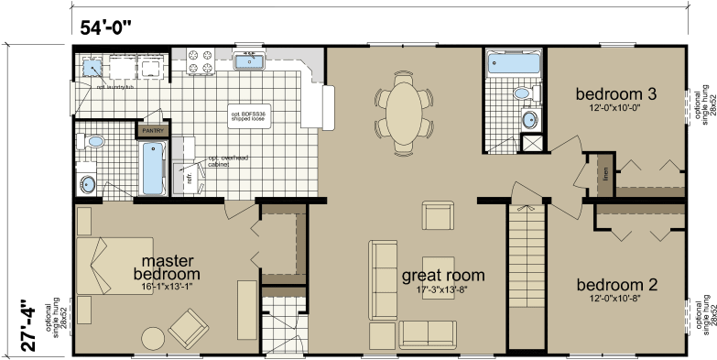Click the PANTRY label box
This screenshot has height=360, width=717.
(x=150, y=131)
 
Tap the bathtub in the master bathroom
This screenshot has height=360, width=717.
(x=152, y=168)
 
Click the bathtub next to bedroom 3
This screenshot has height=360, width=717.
(x=512, y=65)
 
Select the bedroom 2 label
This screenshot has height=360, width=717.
(x=615, y=284)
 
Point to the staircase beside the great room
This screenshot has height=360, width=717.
(x=526, y=275)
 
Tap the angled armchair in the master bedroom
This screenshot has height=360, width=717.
(x=190, y=328)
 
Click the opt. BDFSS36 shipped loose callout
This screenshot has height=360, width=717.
(x=249, y=115)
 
